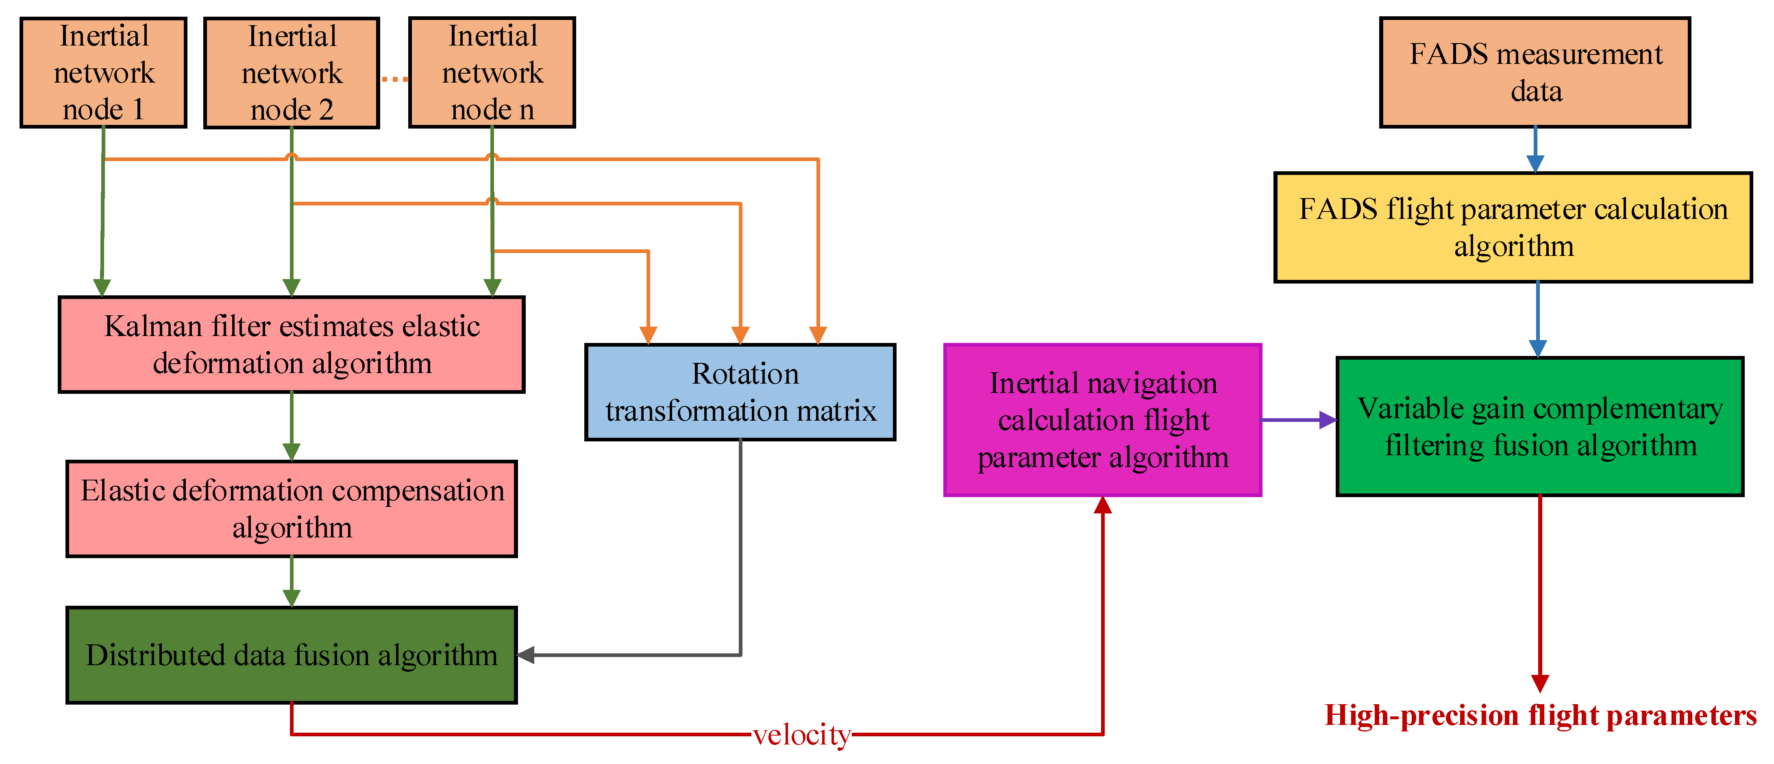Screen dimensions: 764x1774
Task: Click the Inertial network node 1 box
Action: pyautogui.click(x=103, y=72)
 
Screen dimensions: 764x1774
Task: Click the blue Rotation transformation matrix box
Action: pyautogui.click(x=740, y=392)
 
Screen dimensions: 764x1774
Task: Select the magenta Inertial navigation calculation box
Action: pyautogui.click(x=1103, y=420)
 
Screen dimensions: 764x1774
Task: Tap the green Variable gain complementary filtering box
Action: pyautogui.click(x=1540, y=426)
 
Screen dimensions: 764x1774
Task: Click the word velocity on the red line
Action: pyautogui.click(x=801, y=735)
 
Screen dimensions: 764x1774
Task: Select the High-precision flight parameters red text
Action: pyautogui.click(x=1541, y=716)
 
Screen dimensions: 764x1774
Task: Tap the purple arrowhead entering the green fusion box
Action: pyautogui.click(x=1327, y=420)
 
